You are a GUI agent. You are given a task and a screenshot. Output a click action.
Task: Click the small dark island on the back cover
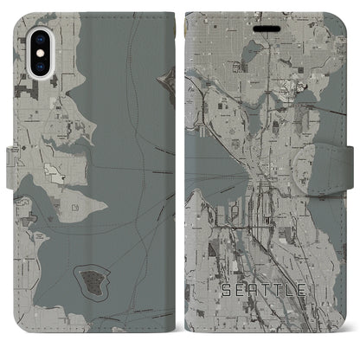[92, 279]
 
